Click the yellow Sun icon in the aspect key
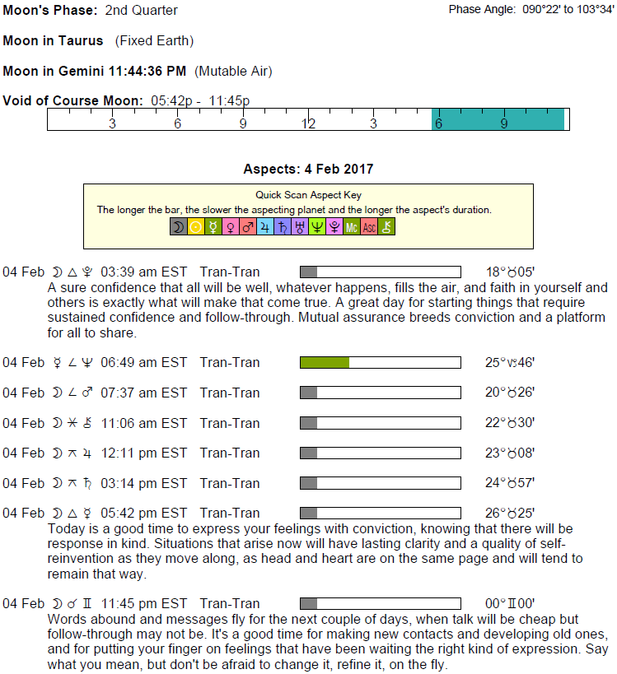click(195, 227)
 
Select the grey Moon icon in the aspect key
click(178, 227)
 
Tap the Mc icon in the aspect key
click(352, 227)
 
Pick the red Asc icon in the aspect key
click(369, 227)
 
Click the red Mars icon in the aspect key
click(247, 227)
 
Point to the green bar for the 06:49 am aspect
click(325, 362)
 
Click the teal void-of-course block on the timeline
click(498, 119)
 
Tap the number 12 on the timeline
click(308, 123)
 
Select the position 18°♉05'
click(510, 272)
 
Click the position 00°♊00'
click(510, 604)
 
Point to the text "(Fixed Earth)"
click(155, 41)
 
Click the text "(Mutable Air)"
click(233, 72)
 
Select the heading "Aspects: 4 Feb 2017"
click(308, 170)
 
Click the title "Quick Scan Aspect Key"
click(308, 196)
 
